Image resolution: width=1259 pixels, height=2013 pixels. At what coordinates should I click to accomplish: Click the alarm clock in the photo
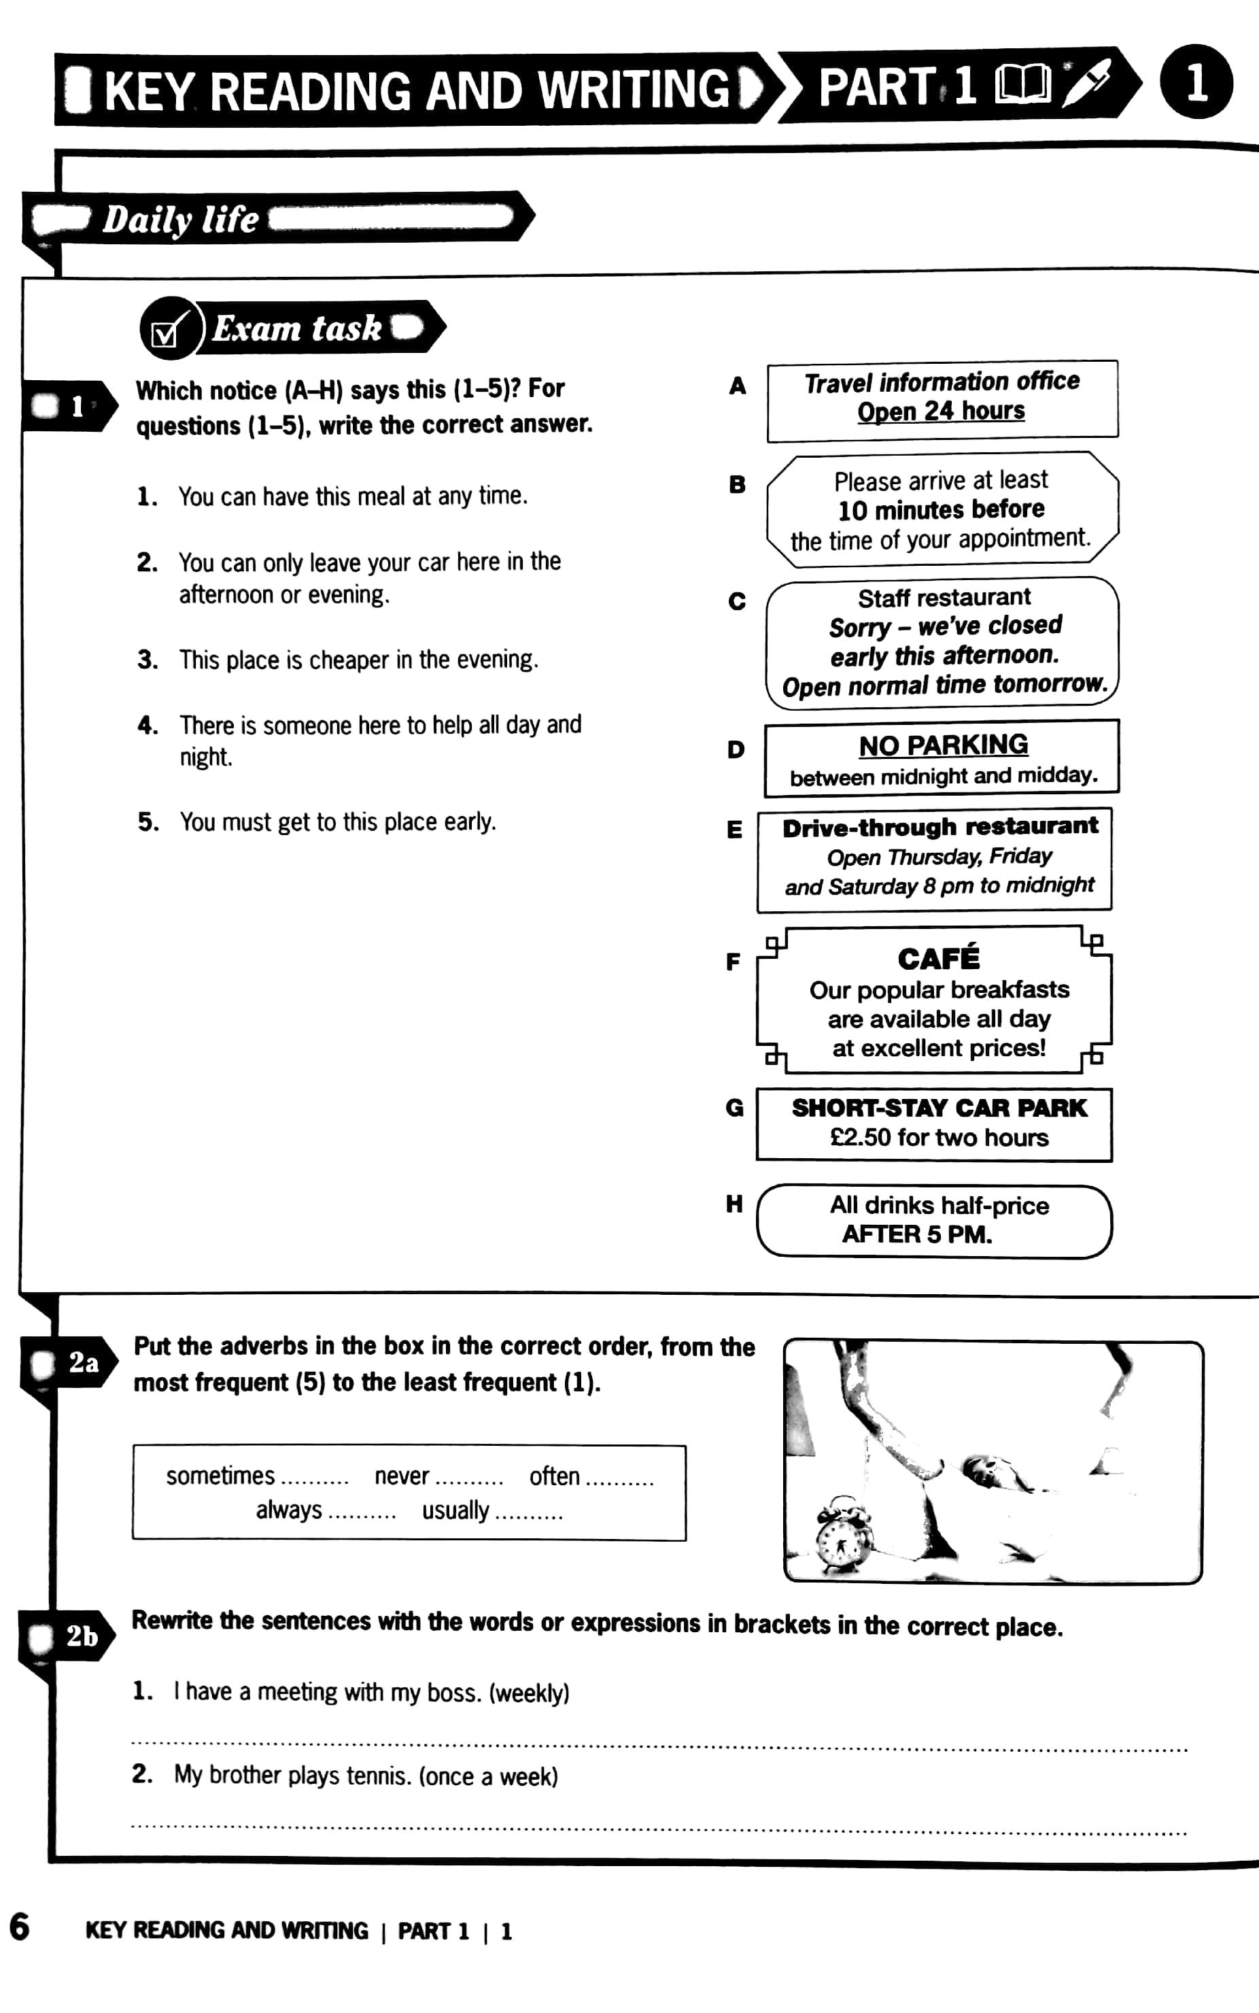(843, 1536)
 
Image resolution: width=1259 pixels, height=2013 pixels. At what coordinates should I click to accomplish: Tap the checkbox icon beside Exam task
(167, 331)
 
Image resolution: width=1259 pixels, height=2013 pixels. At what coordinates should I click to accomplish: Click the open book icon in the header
(1022, 86)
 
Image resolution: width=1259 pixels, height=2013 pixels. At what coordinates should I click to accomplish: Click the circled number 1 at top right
(1196, 82)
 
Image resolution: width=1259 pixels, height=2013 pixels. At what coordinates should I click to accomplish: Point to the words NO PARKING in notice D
(943, 745)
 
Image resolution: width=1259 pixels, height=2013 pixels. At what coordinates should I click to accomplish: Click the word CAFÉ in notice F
(938, 959)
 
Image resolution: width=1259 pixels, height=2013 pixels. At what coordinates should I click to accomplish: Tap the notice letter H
(734, 1204)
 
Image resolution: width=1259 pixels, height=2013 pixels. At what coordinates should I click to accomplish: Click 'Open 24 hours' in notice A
(941, 411)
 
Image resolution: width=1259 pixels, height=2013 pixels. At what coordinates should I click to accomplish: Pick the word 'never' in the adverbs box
(401, 1476)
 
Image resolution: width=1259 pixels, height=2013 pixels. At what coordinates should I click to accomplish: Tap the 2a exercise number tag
(82, 1364)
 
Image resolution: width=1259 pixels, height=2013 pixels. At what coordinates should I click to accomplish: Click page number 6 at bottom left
(19, 1928)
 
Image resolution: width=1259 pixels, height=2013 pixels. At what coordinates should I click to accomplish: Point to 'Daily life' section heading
(181, 219)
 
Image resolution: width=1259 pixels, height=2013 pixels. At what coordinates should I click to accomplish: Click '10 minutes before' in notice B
(941, 509)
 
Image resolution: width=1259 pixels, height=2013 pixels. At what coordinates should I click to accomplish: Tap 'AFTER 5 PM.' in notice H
(917, 1234)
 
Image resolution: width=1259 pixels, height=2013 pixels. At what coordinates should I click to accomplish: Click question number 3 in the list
(148, 660)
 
